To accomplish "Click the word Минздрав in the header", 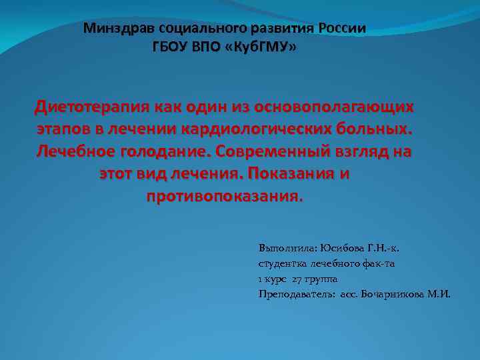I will click(110, 29).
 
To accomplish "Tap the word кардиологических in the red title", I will click(263, 129).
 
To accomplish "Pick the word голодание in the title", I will click(163, 152).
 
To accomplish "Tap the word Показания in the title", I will click(287, 174).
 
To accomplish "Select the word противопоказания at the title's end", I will click(223, 197).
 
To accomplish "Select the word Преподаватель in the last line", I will click(297, 293).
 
